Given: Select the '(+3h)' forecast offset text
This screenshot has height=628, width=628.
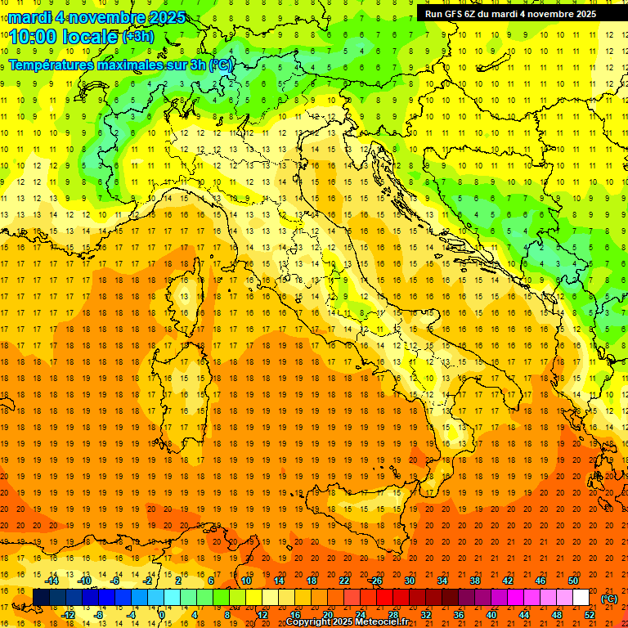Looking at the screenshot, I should (x=137, y=37).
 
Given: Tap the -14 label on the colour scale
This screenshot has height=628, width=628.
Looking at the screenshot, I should (x=52, y=581).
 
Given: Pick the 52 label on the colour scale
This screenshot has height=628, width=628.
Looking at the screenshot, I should (x=590, y=615).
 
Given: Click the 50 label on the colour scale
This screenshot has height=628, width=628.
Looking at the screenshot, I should (x=572, y=581).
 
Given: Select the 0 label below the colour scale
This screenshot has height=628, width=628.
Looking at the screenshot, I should (x=162, y=615).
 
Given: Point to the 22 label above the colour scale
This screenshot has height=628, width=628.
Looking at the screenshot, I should (x=344, y=581).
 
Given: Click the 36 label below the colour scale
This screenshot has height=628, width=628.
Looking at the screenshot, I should (x=458, y=615).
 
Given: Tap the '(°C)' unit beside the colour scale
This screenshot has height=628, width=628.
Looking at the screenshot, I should (x=609, y=599).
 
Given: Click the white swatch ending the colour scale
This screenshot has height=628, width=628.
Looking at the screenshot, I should (x=581, y=598).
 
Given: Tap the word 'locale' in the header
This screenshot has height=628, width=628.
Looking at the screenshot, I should (x=91, y=37).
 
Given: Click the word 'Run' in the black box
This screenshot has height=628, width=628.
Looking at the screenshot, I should (x=433, y=13).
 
